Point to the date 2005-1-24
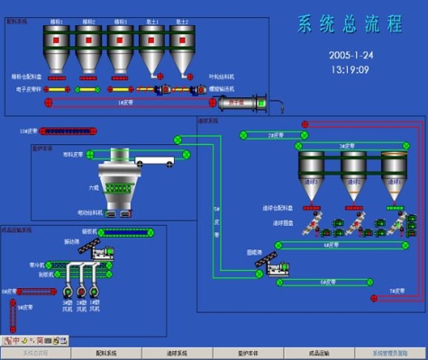351,55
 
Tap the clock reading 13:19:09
351,68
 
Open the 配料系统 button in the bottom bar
106,353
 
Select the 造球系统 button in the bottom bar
178,353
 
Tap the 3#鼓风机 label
68,303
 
